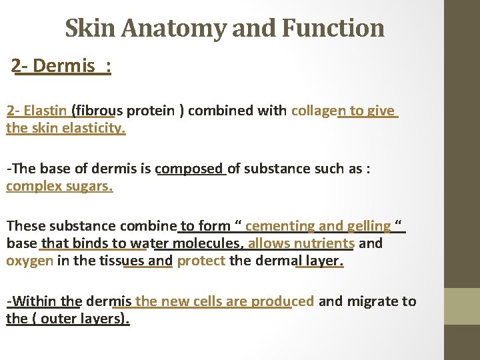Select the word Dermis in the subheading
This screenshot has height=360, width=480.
tap(63, 66)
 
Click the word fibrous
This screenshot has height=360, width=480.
tap(99, 111)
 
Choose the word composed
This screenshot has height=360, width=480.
tap(190, 169)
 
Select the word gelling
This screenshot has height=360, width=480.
tap(368, 227)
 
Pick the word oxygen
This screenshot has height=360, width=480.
tap(29, 260)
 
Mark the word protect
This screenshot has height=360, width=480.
tap(201, 260)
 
